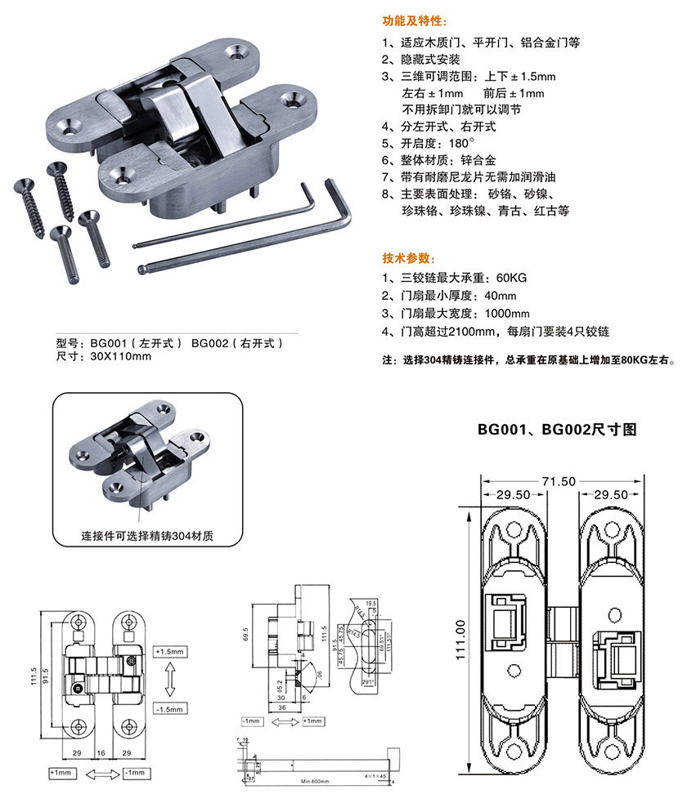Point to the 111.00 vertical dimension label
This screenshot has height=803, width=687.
(x=460, y=640)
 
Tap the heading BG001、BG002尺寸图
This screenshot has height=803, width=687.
(x=557, y=429)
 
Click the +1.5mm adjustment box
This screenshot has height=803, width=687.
(x=171, y=651)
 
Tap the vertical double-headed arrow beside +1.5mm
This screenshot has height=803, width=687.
(x=171, y=679)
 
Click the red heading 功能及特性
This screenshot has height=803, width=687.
(x=415, y=21)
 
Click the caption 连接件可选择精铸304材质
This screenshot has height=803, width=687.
(x=147, y=537)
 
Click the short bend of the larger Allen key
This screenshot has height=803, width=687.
(x=341, y=203)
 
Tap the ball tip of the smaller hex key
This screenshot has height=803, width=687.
(x=143, y=268)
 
